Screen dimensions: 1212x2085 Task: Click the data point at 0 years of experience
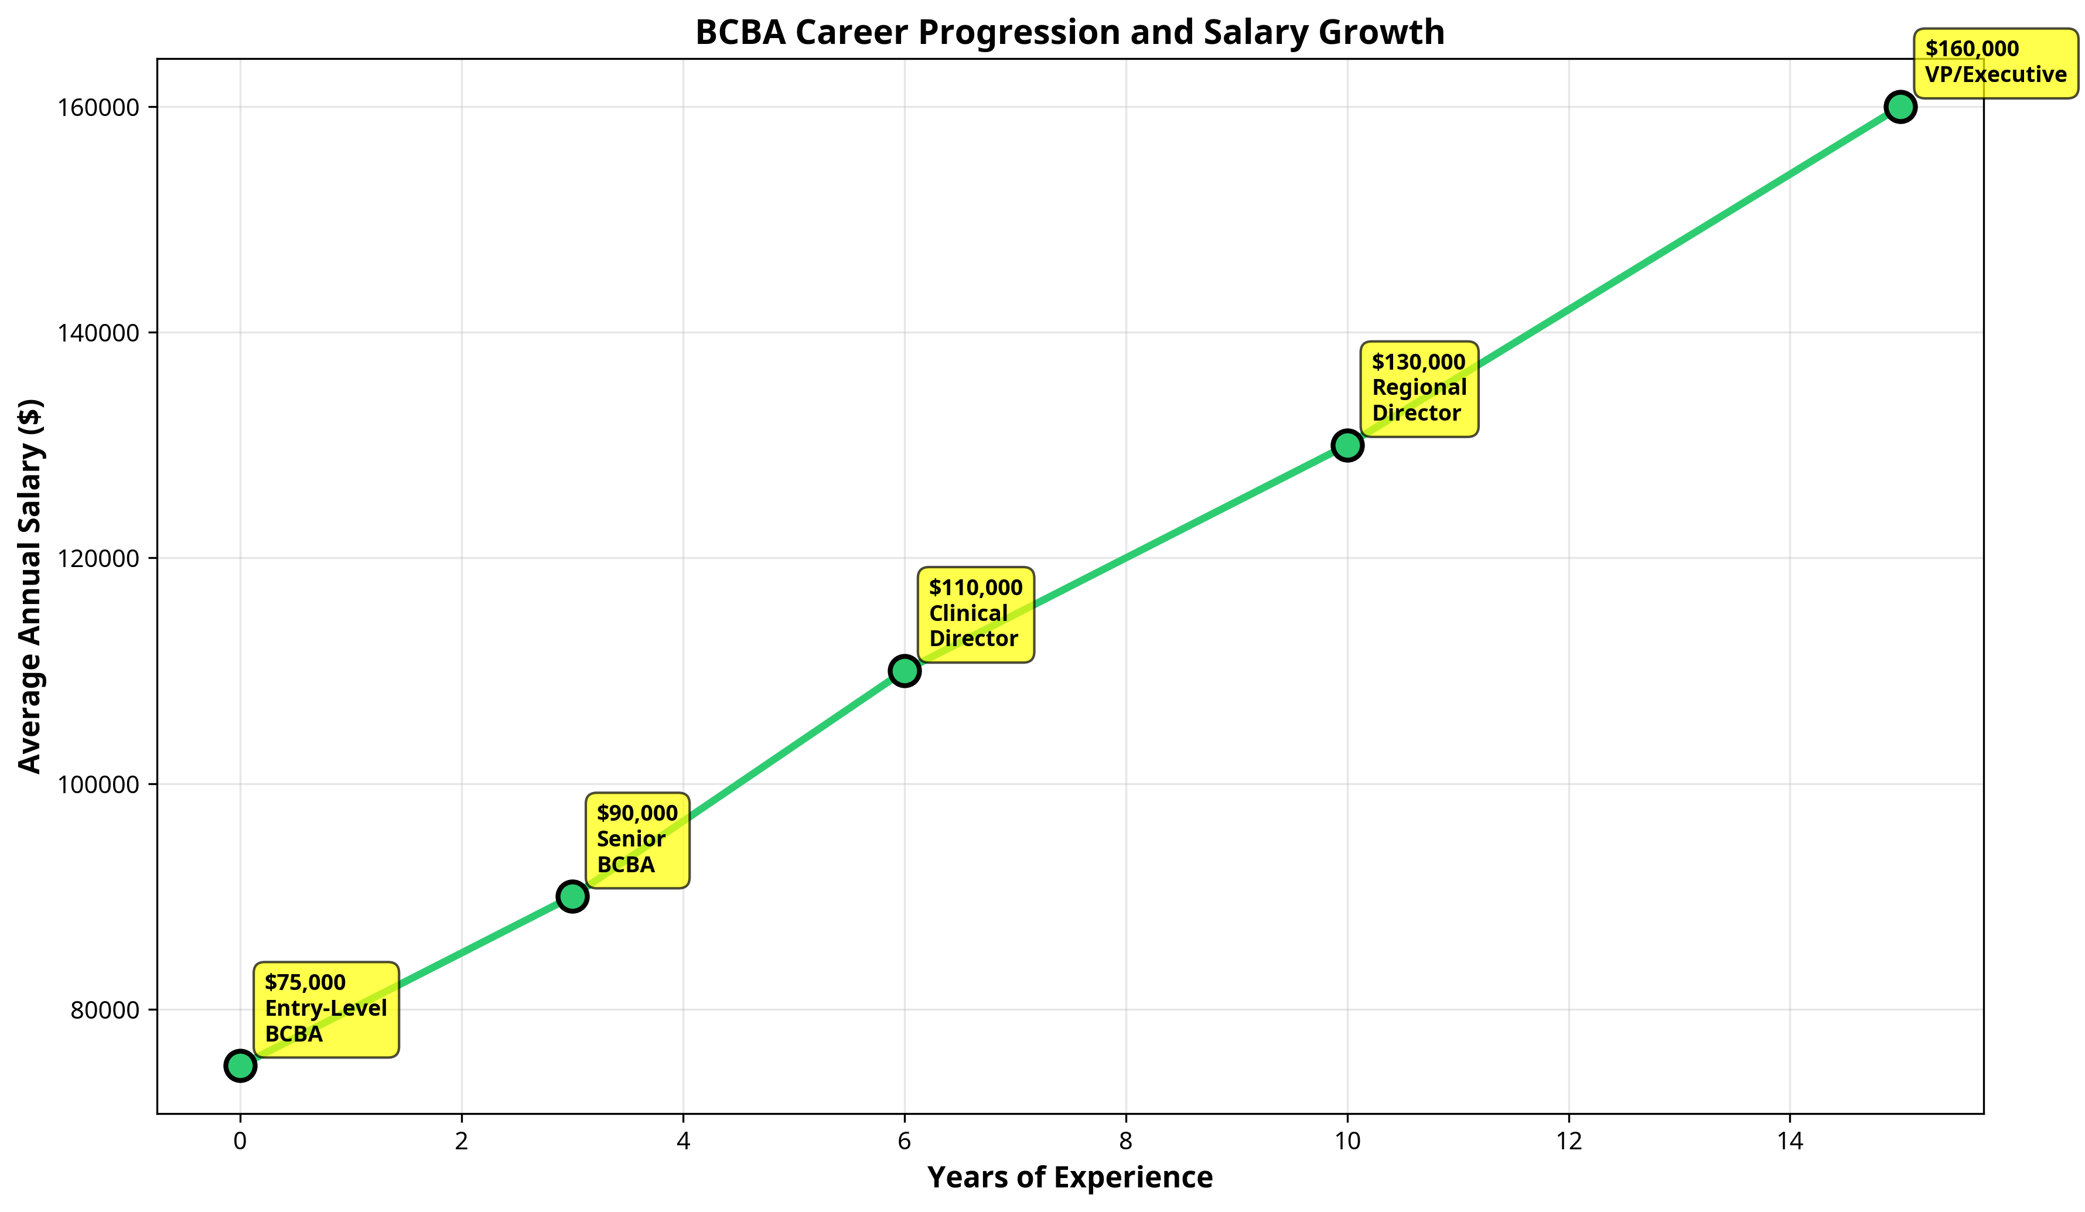coord(240,1066)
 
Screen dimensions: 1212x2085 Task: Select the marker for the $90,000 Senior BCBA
coord(572,896)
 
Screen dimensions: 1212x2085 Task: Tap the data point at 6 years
coord(905,671)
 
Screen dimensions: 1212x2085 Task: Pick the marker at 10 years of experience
coord(1347,445)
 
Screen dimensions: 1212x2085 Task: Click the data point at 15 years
coord(1900,108)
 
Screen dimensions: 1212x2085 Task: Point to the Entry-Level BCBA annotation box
coord(326,1009)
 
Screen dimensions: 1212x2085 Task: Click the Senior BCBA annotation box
coord(637,839)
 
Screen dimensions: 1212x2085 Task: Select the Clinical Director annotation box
coord(975,614)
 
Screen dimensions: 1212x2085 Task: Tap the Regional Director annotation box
coord(1419,388)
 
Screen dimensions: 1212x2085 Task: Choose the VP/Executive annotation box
coord(1995,62)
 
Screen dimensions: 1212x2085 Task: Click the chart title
coord(1070,32)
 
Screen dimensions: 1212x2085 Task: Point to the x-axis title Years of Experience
coord(1070,1177)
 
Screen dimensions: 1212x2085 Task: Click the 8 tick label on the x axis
coord(1126,1142)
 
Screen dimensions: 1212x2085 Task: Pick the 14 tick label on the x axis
coord(1790,1142)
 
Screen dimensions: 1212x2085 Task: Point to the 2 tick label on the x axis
coord(462,1142)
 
